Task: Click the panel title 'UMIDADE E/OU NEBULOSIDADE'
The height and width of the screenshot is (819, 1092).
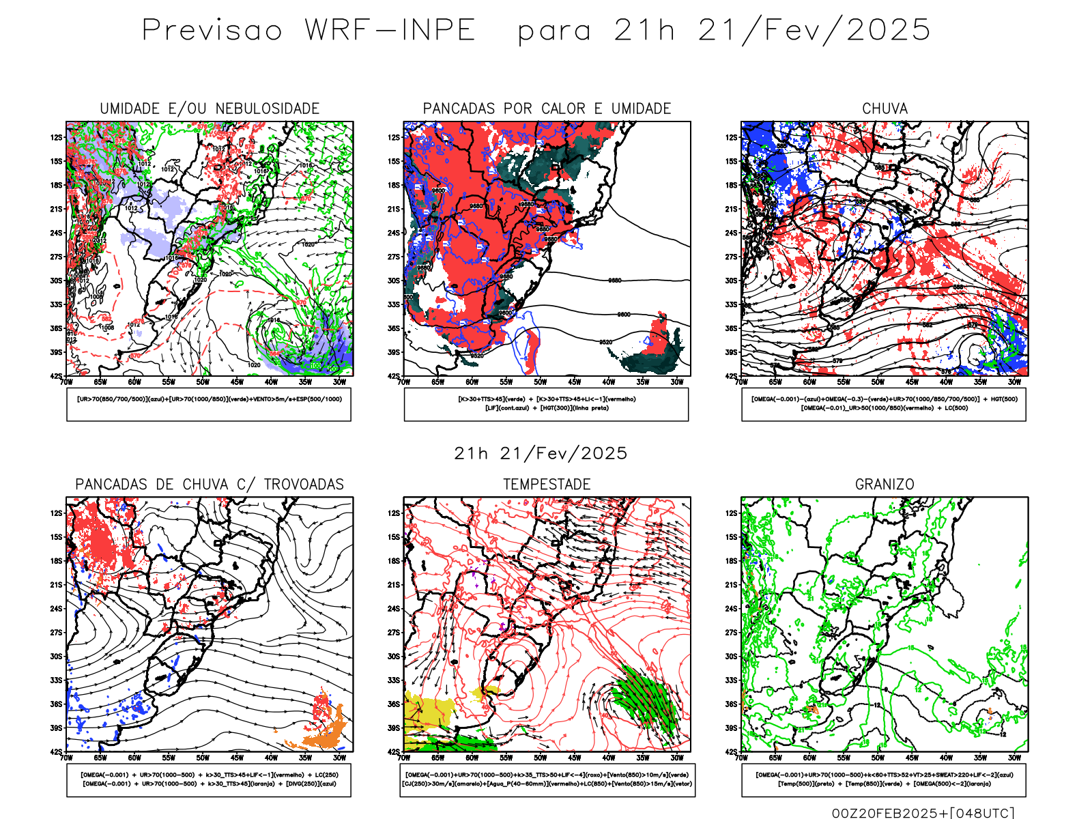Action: click(210, 109)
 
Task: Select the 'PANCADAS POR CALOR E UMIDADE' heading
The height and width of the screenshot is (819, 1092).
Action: click(547, 109)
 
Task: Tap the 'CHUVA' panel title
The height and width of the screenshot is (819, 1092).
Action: click(885, 109)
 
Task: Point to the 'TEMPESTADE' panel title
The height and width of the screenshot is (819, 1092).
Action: click(547, 485)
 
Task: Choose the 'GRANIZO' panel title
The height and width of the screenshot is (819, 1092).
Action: click(885, 485)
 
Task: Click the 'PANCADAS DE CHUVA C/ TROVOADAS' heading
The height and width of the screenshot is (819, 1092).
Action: click(210, 485)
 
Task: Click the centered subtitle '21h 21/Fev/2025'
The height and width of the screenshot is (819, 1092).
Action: click(541, 453)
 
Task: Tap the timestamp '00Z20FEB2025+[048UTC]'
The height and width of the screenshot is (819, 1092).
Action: click(923, 812)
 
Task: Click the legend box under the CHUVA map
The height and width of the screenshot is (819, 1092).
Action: click(884, 404)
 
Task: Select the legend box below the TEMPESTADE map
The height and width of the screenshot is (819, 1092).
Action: click(547, 779)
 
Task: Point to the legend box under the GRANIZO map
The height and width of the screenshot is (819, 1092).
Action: click(884, 779)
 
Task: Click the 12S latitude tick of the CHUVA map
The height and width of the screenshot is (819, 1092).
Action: click(732, 137)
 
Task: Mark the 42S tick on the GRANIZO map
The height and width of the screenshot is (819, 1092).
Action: click(732, 751)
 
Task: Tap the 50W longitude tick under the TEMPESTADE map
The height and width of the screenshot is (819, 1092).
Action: click(540, 758)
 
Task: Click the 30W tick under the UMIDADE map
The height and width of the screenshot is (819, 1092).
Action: click(339, 382)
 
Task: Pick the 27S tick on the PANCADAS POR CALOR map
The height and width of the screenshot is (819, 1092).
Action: click(394, 257)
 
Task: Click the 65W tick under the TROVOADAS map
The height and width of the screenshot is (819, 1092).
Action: click(100, 758)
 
